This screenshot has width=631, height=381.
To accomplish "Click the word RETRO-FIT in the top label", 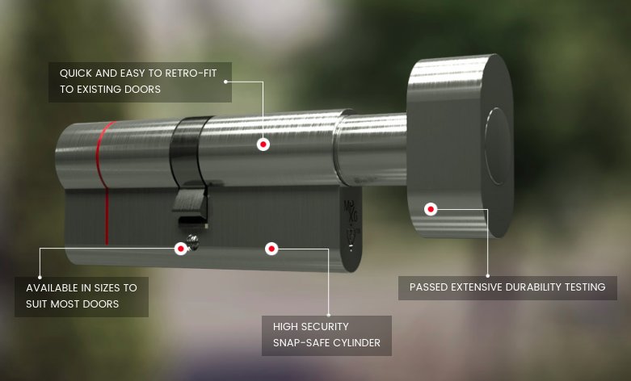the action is pos(191,73).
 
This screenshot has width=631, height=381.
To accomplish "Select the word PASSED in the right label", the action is pos(428,287).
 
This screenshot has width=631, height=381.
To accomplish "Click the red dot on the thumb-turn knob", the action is pos(431,209).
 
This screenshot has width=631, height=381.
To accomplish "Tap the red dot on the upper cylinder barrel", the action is pos(263,144).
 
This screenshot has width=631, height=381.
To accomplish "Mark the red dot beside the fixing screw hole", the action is pos(181,249).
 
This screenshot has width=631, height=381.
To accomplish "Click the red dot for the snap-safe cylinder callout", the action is pos(271,249).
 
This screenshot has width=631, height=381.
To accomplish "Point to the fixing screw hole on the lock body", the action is pos(193,242).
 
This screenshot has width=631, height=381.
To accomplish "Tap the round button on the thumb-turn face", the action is pos(498,147).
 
